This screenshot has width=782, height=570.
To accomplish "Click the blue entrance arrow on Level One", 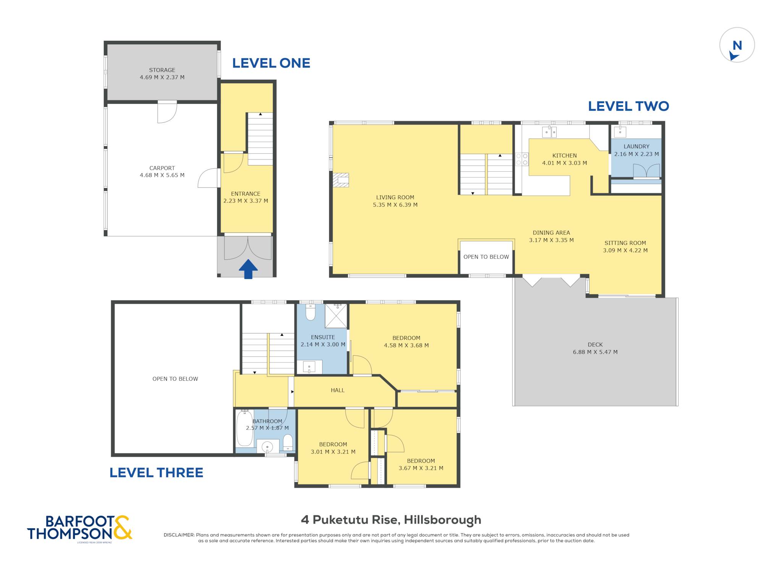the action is point(248,269).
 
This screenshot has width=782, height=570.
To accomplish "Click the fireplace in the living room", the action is point(341,180).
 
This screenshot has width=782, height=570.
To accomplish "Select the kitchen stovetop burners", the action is point(522,159).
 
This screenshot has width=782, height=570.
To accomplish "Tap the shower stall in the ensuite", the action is point(336,316).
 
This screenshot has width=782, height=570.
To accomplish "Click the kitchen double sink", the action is point(549,132).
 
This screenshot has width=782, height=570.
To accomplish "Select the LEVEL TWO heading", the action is point(629,106).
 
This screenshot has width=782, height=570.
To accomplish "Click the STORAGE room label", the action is point(162,70).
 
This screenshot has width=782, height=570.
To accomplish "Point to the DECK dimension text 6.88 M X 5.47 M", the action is point(595,352).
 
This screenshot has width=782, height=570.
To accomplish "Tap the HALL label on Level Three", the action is point(338,390).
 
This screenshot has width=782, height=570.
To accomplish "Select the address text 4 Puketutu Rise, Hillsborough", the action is point(391,520).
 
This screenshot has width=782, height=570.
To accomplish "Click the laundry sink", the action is point(620,132).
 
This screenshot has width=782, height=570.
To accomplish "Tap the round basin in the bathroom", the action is point(267,447).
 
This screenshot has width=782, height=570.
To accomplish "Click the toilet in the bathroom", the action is point(288,442).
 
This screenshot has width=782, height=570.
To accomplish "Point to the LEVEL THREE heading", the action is point(156,473).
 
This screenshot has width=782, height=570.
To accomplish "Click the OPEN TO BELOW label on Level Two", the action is point(486,257).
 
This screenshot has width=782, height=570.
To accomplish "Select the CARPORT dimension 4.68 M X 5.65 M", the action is point(162,176).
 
